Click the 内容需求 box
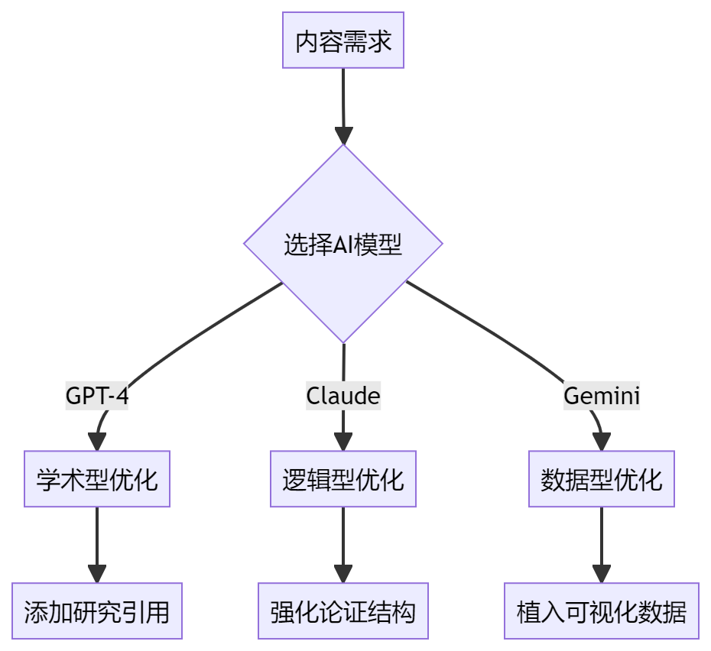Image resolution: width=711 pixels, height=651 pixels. point(343,40)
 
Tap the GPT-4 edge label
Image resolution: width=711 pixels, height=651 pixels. point(96,396)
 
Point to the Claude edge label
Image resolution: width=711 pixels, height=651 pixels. point(343,396)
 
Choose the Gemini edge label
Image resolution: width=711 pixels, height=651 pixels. point(602,396)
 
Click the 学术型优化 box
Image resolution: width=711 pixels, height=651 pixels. point(97,479)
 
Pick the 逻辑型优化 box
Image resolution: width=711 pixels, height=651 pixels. point(343,479)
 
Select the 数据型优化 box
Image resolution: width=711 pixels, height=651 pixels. point(602,479)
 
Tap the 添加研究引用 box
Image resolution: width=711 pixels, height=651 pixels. point(97,611)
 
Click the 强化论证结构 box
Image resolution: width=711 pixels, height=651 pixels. point(343,611)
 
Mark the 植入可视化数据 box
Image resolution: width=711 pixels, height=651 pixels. point(602,611)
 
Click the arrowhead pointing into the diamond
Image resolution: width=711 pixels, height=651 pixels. point(343,135)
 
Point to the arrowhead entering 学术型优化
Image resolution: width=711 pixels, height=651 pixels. point(97,442)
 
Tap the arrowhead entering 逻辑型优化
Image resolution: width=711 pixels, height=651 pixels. point(343,442)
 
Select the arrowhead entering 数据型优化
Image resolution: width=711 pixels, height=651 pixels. point(602,442)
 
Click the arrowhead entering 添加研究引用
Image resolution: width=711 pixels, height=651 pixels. point(97,574)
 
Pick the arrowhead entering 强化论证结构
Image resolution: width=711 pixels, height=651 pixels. point(343,574)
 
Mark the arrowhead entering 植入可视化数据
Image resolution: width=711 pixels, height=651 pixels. point(602,574)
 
